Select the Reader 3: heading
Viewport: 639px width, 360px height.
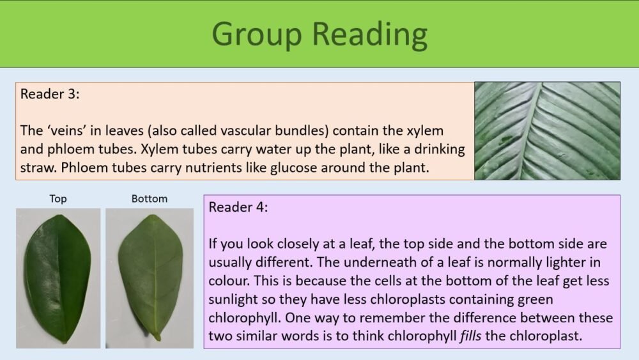[x=50, y=94]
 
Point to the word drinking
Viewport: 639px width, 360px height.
[x=440, y=150]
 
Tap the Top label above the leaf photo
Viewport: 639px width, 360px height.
[x=58, y=199]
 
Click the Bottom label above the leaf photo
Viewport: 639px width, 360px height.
[x=150, y=199]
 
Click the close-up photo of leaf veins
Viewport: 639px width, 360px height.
[x=547, y=130]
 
